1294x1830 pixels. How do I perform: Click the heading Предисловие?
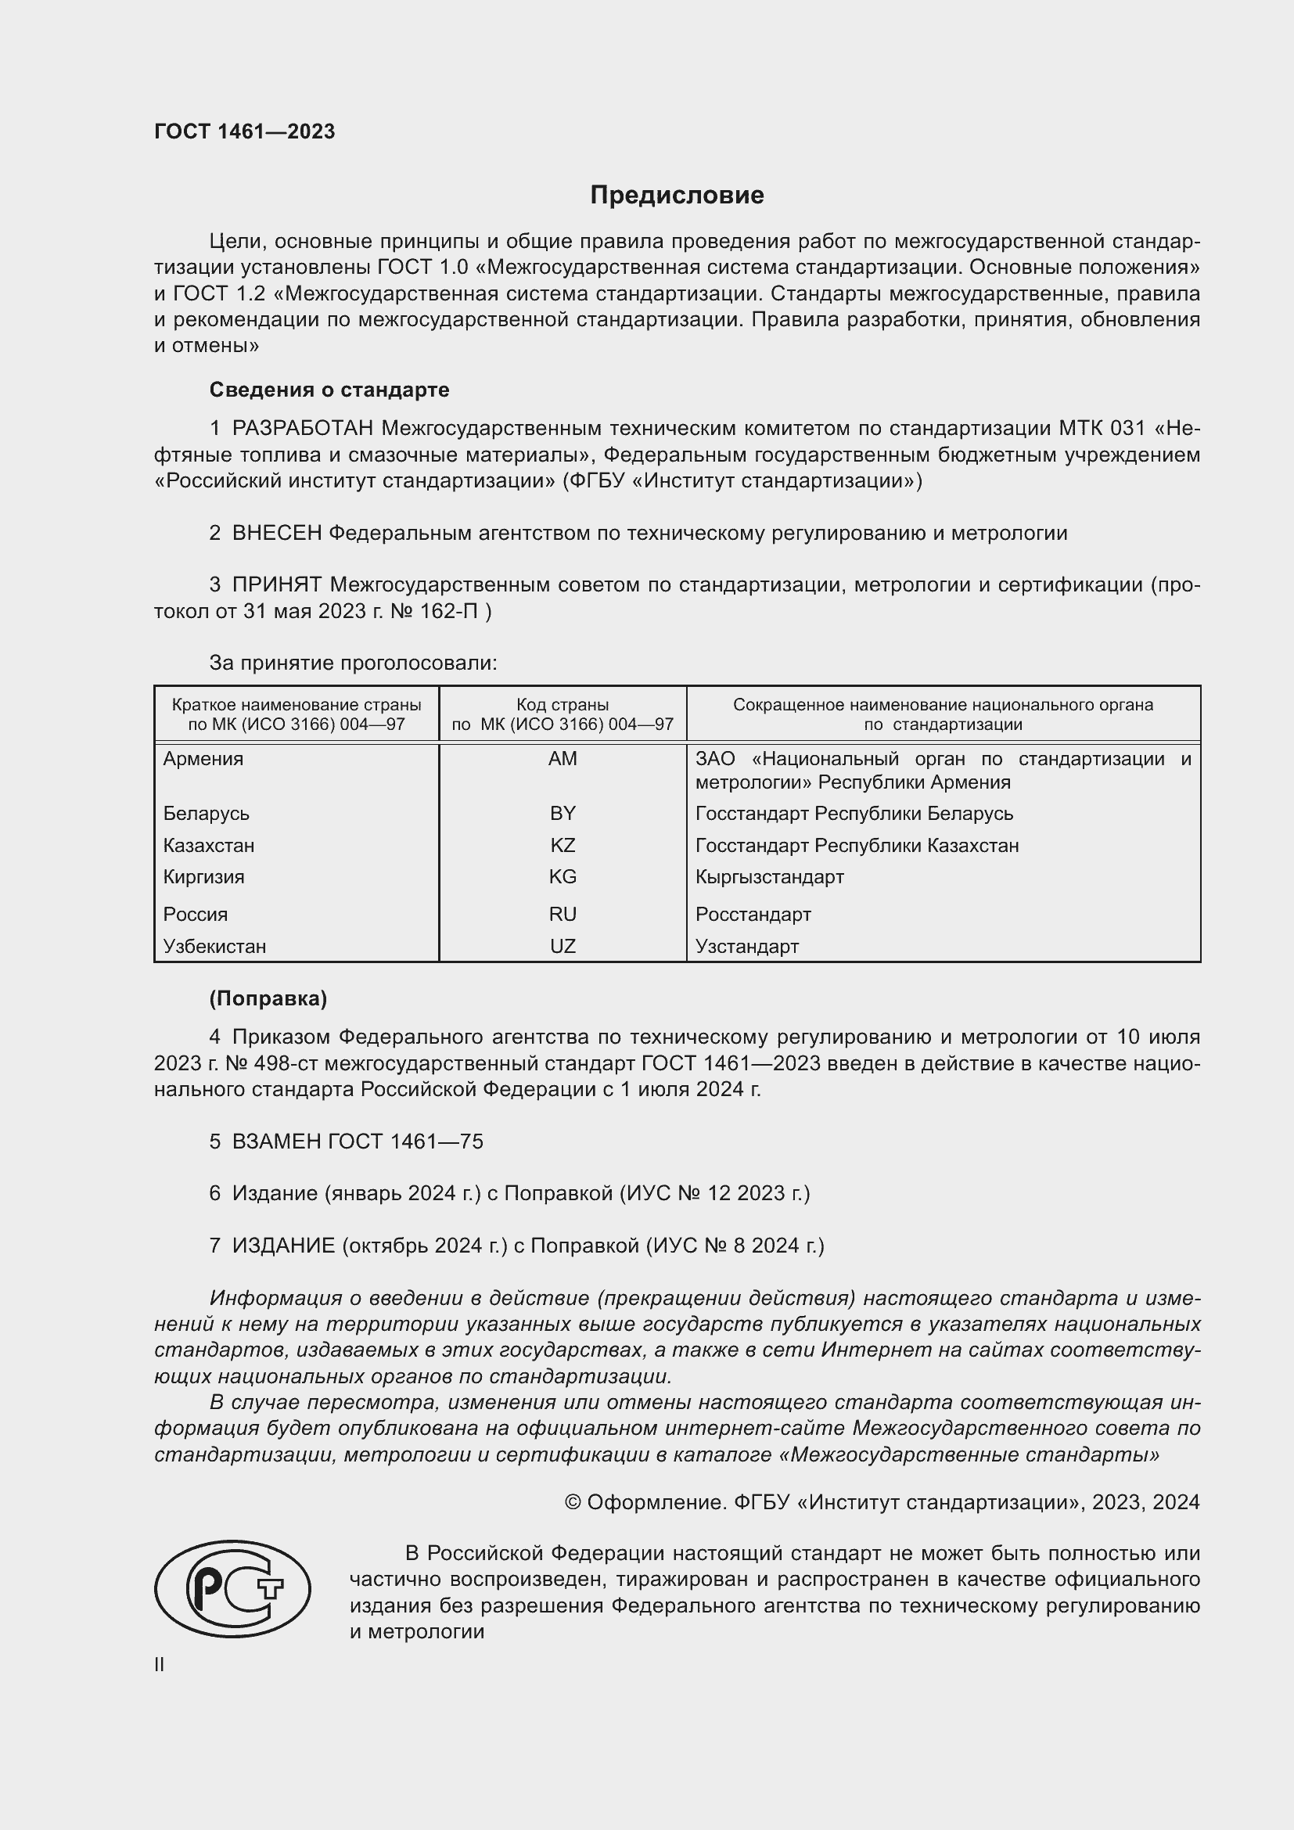[x=677, y=196]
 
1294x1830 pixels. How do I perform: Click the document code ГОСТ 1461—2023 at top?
[x=245, y=131]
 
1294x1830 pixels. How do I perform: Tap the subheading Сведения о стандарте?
[x=329, y=390]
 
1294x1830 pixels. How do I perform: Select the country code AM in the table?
[x=563, y=759]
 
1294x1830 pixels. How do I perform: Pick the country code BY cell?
[x=563, y=813]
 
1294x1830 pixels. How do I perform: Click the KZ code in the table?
[x=563, y=845]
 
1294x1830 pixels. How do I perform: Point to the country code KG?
[x=563, y=877]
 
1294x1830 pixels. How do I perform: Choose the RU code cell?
[x=563, y=914]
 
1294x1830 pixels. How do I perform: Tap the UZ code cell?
[x=563, y=946]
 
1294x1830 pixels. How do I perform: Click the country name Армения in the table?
[x=203, y=759]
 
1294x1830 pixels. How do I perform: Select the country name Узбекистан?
[x=214, y=946]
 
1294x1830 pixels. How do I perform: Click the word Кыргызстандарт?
[x=769, y=877]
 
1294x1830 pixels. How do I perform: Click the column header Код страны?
[x=563, y=705]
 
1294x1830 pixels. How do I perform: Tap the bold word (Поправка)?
[x=268, y=998]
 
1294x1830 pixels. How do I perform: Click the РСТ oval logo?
[x=232, y=1588]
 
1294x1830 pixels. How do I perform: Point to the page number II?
[x=160, y=1665]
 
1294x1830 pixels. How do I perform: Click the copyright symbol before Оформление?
[x=572, y=1502]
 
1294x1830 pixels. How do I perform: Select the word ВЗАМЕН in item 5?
[x=276, y=1142]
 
